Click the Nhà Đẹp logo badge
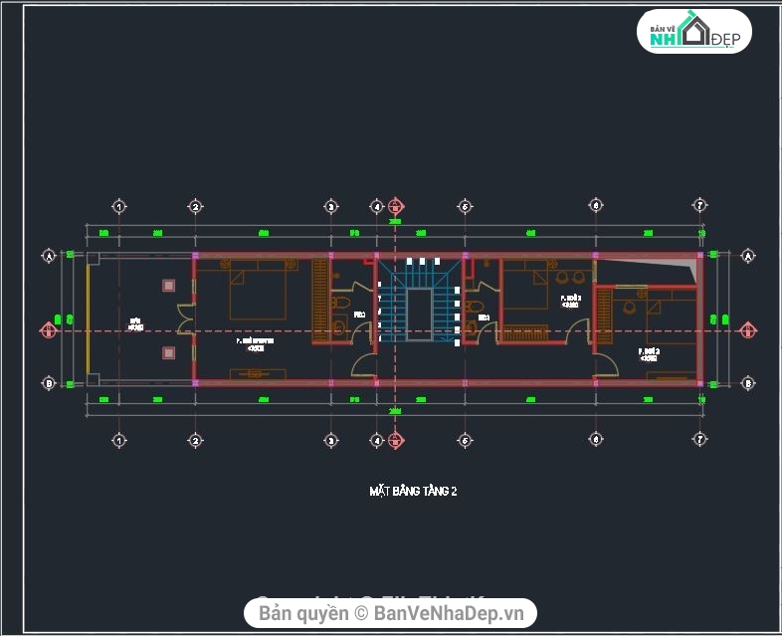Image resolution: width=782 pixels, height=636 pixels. click(x=694, y=33)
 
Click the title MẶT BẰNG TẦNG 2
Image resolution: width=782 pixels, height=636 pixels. click(x=413, y=491)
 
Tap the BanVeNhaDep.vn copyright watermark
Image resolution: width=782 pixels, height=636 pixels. click(x=391, y=612)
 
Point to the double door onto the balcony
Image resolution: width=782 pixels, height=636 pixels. click(x=185, y=318)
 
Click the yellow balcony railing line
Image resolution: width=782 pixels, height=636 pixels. click(x=88, y=318)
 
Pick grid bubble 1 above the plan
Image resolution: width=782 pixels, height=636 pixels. click(x=118, y=207)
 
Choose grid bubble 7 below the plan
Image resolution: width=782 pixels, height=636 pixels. click(x=700, y=440)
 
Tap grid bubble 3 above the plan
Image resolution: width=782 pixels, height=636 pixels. click(x=331, y=207)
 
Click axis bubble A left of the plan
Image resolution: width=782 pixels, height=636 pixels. click(x=48, y=255)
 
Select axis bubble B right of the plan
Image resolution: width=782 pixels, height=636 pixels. click(x=747, y=382)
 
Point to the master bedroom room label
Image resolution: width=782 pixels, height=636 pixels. click(x=256, y=344)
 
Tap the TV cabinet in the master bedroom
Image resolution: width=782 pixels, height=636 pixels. click(x=257, y=374)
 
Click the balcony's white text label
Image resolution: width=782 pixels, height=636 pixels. click(x=136, y=323)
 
